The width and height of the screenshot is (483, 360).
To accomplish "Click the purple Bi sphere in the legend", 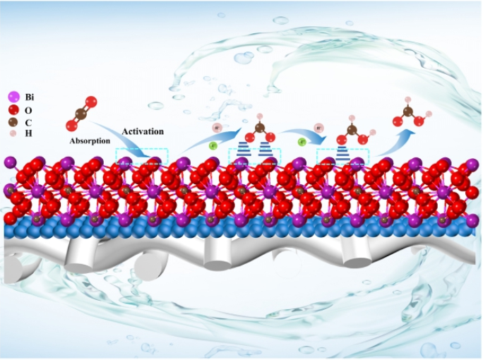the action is point(12,96).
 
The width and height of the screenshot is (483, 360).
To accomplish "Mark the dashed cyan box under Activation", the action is point(139,162).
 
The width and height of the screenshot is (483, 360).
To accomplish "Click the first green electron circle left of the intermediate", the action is point(215,146).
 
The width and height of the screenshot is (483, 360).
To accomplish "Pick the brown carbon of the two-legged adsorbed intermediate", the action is point(259,128).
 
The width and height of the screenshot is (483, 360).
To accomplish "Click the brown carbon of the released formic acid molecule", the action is point(407,111).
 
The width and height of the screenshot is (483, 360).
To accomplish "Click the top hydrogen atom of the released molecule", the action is point(407,100).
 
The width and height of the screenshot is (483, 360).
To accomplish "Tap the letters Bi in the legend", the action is point(29,97).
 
